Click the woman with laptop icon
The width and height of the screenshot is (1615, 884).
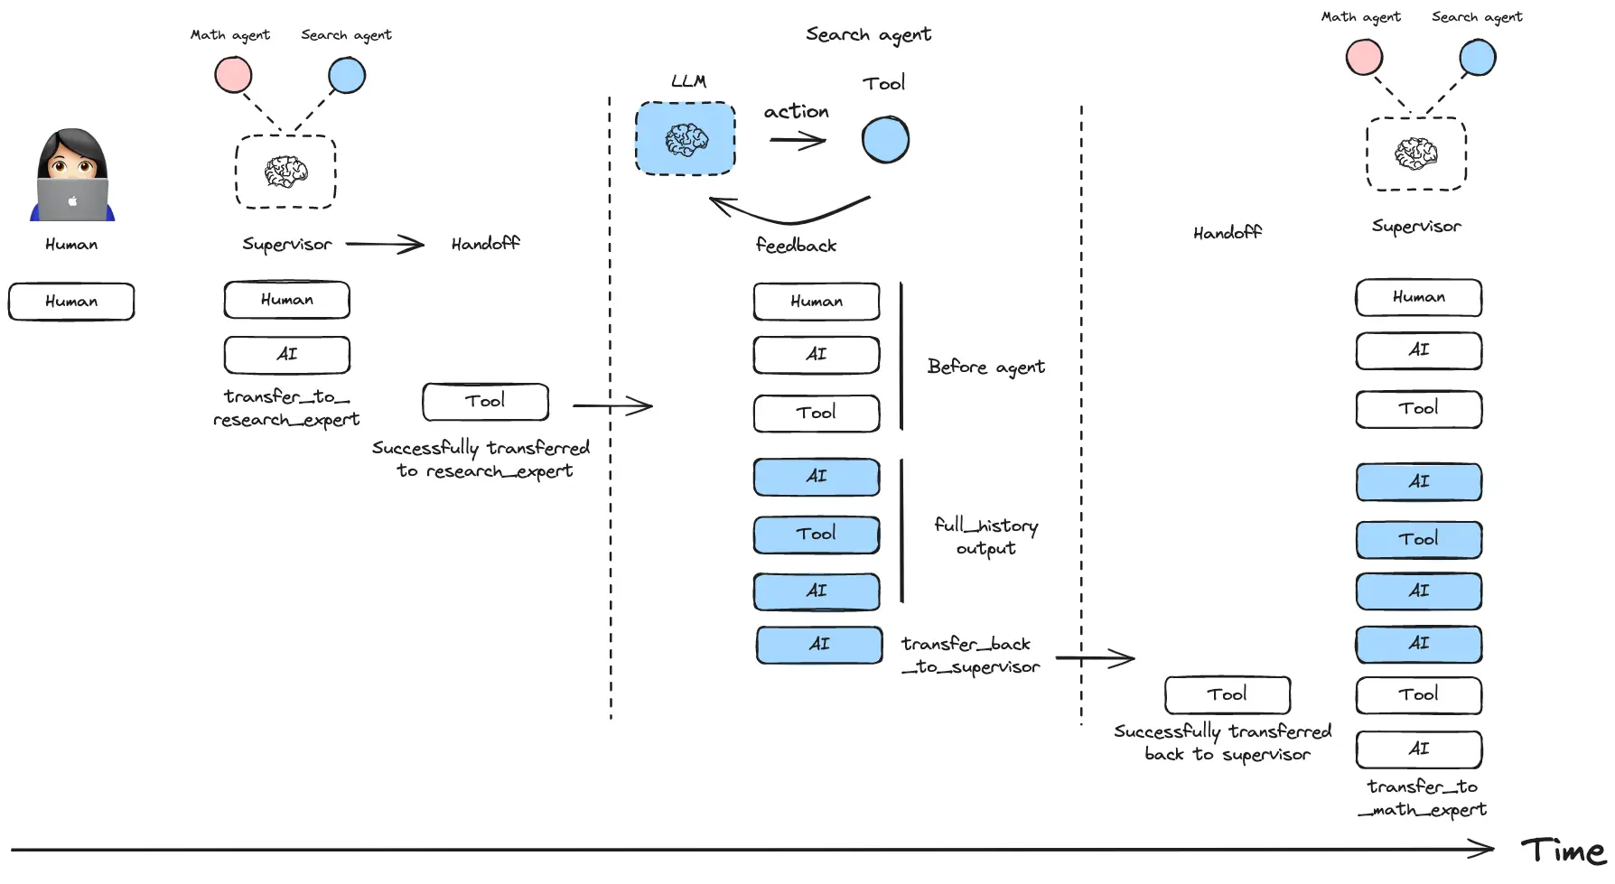click(72, 176)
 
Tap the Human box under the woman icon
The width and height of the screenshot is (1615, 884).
click(71, 302)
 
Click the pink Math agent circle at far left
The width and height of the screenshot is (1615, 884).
click(233, 75)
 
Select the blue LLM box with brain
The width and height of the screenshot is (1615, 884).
click(686, 139)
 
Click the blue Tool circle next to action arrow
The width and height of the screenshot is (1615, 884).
click(885, 140)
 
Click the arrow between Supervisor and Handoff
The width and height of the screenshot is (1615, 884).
click(385, 244)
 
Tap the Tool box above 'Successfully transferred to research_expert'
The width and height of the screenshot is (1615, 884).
click(485, 402)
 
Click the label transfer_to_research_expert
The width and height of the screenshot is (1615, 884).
click(285, 408)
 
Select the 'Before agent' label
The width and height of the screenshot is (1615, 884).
click(985, 367)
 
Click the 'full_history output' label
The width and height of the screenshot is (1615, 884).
click(985, 536)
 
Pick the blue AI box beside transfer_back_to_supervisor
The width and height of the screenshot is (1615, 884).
click(819, 645)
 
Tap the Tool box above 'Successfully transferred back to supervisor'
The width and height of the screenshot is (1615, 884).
click(1227, 695)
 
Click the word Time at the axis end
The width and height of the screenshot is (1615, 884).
click(1563, 851)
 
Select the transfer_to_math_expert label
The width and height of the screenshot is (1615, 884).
click(1422, 798)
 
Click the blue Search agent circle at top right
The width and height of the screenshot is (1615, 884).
click(1477, 58)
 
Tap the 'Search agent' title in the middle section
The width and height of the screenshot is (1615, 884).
click(868, 34)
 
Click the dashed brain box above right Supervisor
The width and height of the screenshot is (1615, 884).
click(1415, 154)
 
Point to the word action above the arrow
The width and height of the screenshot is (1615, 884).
click(796, 111)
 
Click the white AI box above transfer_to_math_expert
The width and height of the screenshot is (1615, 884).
click(1418, 749)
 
